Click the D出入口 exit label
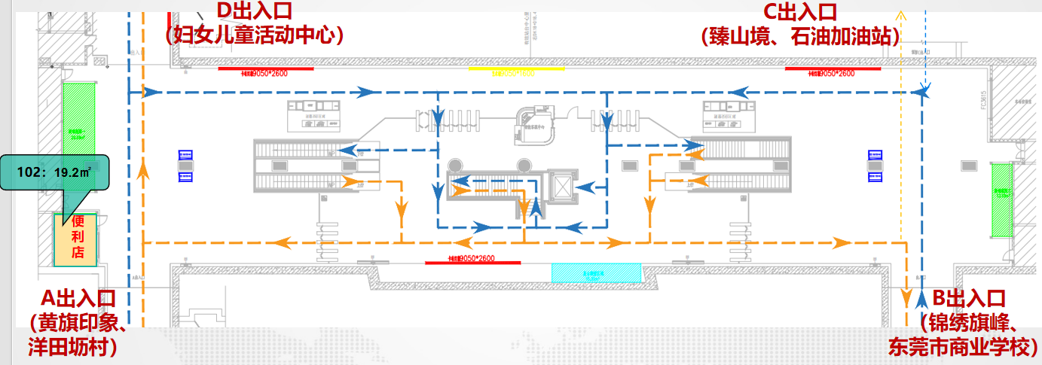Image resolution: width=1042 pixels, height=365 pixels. [x=254, y=11]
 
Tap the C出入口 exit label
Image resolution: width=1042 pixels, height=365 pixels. [x=800, y=11]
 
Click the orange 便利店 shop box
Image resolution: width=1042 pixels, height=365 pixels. [x=75, y=239]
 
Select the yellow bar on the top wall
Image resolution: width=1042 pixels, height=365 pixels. [x=516, y=68]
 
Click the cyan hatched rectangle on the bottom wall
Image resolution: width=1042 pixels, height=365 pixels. [x=596, y=272]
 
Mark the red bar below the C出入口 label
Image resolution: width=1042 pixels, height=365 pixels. [x=833, y=68]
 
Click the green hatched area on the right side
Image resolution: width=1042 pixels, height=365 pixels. [x=1001, y=199]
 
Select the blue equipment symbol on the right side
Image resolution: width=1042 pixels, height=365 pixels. [x=875, y=166]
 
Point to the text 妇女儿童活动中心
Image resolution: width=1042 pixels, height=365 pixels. [x=254, y=35]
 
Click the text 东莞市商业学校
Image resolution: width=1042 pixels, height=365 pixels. [x=964, y=347]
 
